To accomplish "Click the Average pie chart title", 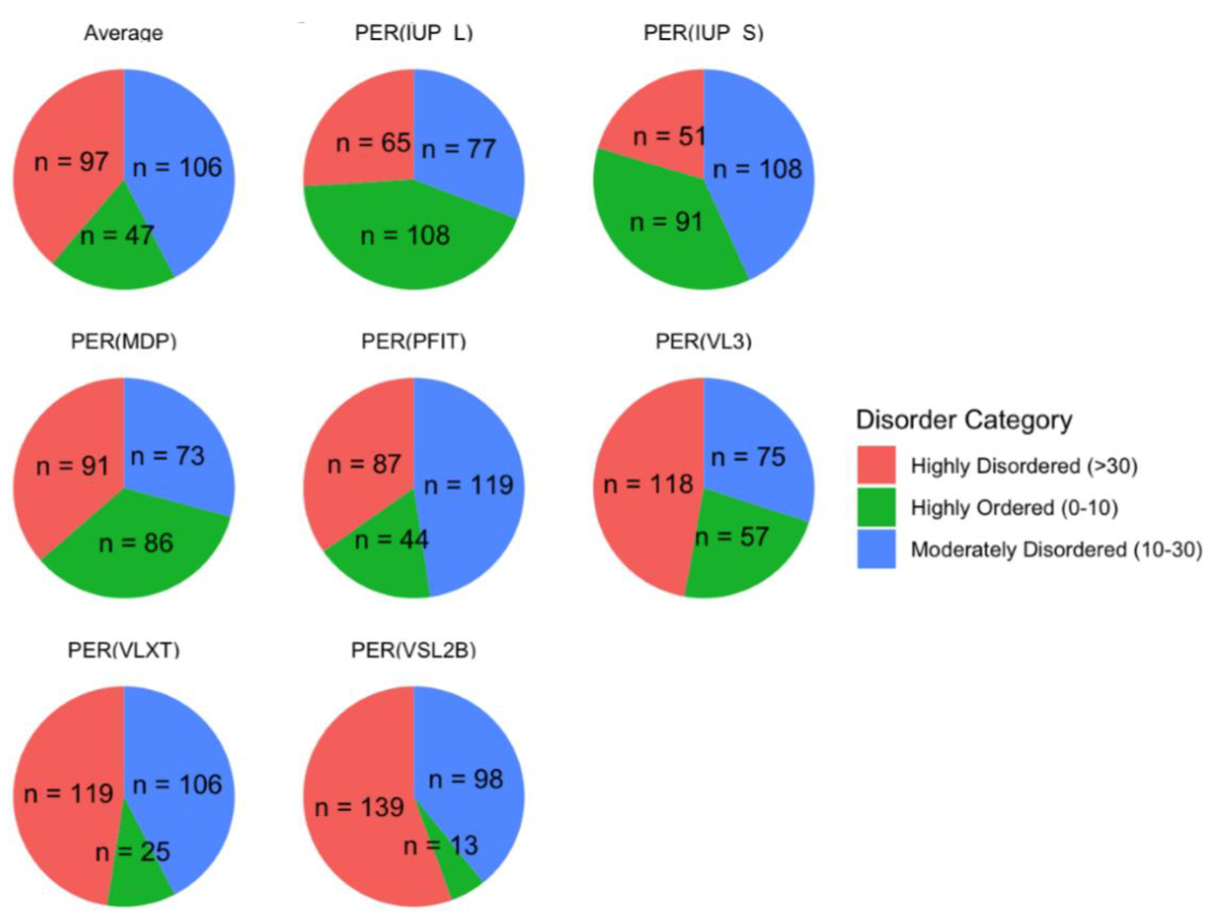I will (x=123, y=33).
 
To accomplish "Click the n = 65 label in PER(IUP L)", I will (x=373, y=143).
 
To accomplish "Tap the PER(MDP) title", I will (x=123, y=341).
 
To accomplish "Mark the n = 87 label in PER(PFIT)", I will (x=364, y=465).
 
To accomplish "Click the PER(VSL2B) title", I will (x=413, y=650).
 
